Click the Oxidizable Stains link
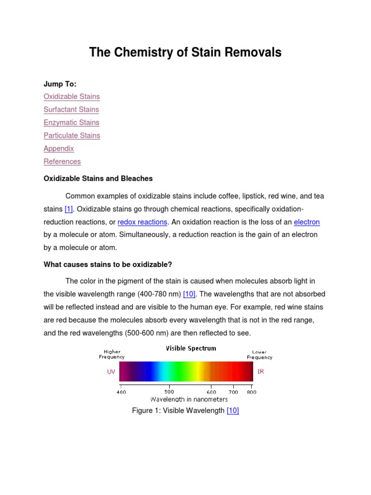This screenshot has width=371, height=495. [71, 97]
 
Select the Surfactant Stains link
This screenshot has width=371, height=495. [71, 110]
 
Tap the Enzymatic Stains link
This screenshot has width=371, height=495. [71, 123]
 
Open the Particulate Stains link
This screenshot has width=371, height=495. [71, 136]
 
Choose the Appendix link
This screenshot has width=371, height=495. [58, 149]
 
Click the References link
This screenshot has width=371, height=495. [62, 162]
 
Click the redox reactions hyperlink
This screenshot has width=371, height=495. [143, 222]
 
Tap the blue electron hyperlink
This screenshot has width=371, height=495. [307, 222]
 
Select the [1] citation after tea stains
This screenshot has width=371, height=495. [69, 209]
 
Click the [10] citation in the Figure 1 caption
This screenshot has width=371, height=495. [233, 411]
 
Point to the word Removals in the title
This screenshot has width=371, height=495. [252, 53]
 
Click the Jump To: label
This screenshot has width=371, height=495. [60, 84]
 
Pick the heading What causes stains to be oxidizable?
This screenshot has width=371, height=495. [108, 264]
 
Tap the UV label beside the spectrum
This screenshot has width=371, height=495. [111, 372]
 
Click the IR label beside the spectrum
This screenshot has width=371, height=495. [261, 372]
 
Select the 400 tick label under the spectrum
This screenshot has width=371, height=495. [121, 392]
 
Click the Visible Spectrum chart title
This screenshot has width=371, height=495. [191, 348]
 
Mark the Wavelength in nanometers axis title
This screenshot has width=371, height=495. [189, 399]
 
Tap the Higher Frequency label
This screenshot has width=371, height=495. [112, 354]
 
